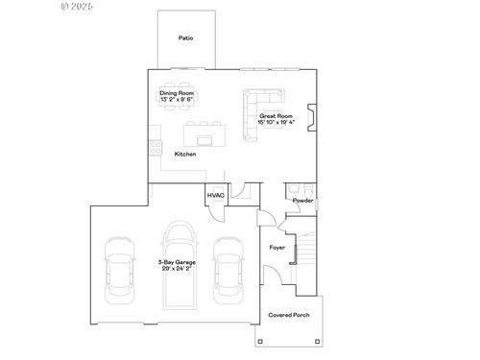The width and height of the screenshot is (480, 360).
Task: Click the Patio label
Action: (x=185, y=38)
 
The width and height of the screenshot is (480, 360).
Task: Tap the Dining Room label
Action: (x=177, y=93)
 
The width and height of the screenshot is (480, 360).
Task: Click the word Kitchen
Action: (x=185, y=154)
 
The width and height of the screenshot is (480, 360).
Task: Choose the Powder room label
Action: (x=302, y=201)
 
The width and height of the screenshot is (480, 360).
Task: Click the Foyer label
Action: (x=277, y=247)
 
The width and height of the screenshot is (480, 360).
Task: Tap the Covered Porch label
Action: (x=288, y=314)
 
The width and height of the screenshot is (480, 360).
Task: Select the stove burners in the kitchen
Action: (x=154, y=148)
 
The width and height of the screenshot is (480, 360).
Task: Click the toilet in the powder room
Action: (x=296, y=188)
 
